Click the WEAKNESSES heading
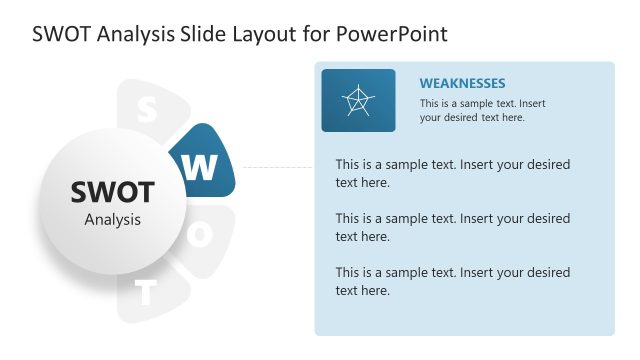click(462, 83)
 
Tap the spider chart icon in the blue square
click(358, 100)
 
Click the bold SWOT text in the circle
click(113, 192)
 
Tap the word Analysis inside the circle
click(113, 220)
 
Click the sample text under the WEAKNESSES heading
click(483, 110)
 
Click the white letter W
click(200, 168)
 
